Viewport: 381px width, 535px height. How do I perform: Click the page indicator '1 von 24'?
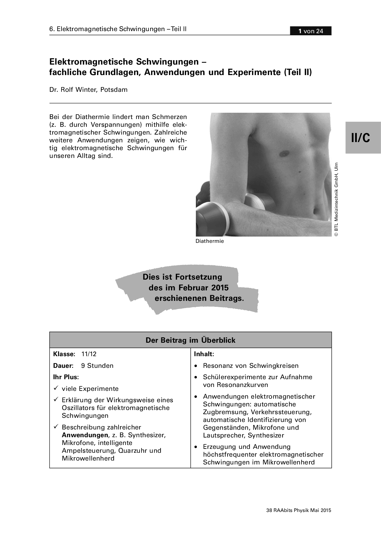[x=311, y=31]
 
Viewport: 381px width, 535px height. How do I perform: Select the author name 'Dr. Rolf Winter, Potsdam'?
[x=88, y=90]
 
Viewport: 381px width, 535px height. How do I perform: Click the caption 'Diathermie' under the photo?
[x=210, y=241]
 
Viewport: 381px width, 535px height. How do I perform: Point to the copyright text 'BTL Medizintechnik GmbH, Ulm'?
[x=336, y=199]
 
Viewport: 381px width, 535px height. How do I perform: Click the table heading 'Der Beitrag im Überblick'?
[x=190, y=340]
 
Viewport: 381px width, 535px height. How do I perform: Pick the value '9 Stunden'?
[x=97, y=366]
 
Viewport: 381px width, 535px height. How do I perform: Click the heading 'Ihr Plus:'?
[x=66, y=377]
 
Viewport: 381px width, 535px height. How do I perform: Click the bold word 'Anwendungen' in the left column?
[x=85, y=435]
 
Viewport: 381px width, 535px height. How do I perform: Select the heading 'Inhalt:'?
[x=204, y=354]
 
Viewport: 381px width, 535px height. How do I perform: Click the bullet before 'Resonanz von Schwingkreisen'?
[x=196, y=366]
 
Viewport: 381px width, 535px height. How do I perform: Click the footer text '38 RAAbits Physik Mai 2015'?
[x=299, y=510]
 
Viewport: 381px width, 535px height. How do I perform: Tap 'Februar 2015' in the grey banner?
[x=204, y=288]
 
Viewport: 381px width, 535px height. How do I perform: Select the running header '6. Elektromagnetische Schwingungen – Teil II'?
[x=118, y=29]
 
